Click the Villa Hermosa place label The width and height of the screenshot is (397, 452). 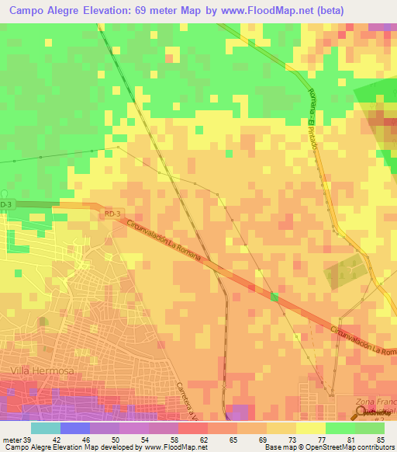pyautogui.click(x=42, y=371)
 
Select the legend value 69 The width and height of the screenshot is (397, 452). pyautogui.click(x=251, y=440)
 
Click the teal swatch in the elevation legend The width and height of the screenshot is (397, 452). pyautogui.click(x=45, y=428)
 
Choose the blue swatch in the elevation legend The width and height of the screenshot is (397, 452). pyautogui.click(x=74, y=428)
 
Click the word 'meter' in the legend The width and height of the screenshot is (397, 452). pyautogui.click(x=12, y=440)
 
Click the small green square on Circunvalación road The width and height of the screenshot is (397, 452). pyautogui.click(x=274, y=297)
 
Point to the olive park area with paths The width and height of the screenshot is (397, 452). pyautogui.click(x=341, y=271)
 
